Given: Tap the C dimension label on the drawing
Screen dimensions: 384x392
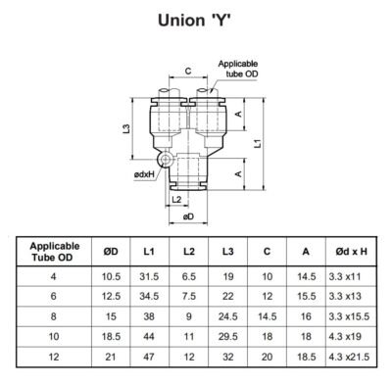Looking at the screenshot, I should click(187, 71).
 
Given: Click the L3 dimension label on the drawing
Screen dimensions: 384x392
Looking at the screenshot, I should click(127, 129).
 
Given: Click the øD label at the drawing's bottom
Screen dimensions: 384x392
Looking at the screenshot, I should click(188, 216).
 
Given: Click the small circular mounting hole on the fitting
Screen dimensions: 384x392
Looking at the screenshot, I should click(164, 158).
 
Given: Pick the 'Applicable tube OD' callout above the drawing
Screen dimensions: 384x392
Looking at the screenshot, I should click(237, 68).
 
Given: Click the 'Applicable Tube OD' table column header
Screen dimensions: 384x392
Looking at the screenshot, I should click(55, 252).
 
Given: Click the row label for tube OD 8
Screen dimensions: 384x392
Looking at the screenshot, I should click(55, 317).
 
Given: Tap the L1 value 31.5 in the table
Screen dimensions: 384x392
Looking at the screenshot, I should click(150, 277).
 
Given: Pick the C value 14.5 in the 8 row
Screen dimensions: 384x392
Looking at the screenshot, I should click(267, 317).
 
